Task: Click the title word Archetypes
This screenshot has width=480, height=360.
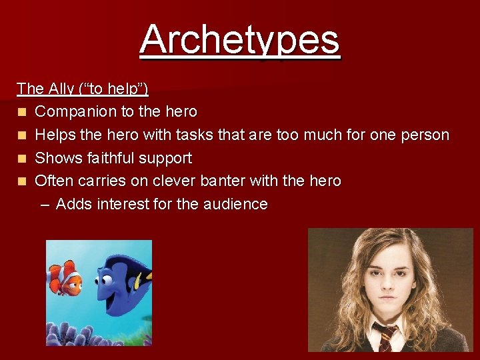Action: click(x=240, y=39)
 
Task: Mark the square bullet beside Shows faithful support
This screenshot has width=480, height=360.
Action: click(x=23, y=159)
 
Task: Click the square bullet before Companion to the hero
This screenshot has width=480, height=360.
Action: click(x=23, y=112)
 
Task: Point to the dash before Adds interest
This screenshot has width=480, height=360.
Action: click(x=45, y=205)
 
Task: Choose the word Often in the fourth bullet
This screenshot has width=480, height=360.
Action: click(x=54, y=181)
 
